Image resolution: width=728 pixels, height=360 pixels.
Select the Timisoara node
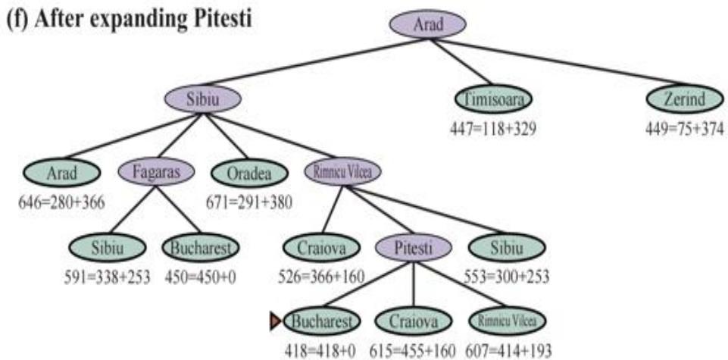click(494, 99)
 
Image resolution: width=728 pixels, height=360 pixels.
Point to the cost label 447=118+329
click(493, 129)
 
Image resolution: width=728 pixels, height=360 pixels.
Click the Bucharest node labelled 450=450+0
click(200, 248)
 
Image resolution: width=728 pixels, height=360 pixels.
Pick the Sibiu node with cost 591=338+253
click(105, 248)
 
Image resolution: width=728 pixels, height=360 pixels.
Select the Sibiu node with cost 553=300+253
click(507, 248)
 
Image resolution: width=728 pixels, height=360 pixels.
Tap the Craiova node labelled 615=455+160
click(412, 322)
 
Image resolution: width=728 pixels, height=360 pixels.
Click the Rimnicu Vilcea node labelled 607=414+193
click(506, 322)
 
